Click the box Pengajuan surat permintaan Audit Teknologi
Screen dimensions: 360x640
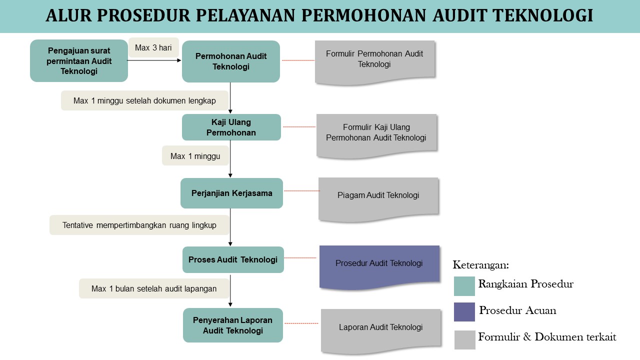[79, 60]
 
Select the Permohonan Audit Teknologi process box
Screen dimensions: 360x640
[230, 61]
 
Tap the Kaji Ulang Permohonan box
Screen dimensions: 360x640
[231, 127]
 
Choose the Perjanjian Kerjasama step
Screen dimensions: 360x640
[231, 193]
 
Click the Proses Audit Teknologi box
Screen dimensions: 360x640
[233, 259]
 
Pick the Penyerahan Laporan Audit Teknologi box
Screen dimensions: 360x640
[232, 325]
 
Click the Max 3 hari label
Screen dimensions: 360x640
[153, 48]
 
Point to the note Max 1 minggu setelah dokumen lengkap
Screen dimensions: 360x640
[144, 100]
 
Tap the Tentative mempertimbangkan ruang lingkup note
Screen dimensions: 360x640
[139, 225]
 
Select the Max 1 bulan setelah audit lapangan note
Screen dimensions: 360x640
[154, 288]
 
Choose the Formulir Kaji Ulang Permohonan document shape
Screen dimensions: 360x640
[376, 133]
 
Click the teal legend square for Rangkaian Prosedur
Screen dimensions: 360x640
[464, 285]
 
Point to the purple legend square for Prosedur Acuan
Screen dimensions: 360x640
[464, 311]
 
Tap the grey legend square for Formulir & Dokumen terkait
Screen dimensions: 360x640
[464, 339]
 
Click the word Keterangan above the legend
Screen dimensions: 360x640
[480, 265]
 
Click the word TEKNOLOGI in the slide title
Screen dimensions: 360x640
[542, 16]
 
